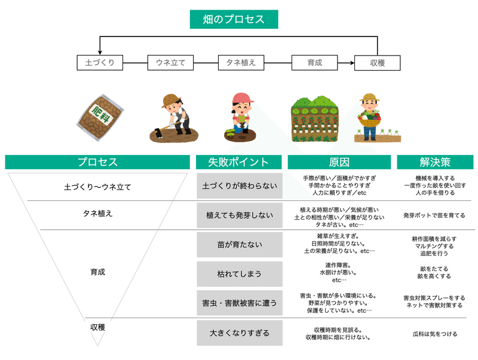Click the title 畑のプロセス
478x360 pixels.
pos(234,19)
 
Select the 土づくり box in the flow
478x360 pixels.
pos(100,63)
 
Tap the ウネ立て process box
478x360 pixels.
pos(170,63)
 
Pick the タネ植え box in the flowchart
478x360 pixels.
pos(241,63)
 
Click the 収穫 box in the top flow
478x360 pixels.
pos(378,63)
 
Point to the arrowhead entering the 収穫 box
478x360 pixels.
pos(353,63)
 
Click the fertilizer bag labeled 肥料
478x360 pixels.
pos(100,117)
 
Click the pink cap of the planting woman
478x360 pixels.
pos(243,98)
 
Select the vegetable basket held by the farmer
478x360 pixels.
pos(369,118)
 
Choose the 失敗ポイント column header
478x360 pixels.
pos(238,162)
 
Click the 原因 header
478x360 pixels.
pos(339,162)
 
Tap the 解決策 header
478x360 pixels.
pos(435,162)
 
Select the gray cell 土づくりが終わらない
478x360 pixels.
pos(240,186)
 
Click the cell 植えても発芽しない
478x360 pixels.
pos(240,215)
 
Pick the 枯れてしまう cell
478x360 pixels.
pos(240,274)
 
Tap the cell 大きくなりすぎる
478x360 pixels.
pos(240,333)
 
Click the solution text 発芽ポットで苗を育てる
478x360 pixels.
pos(434,215)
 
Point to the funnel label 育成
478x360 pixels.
pos(97,272)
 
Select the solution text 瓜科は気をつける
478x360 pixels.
pos(435,334)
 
